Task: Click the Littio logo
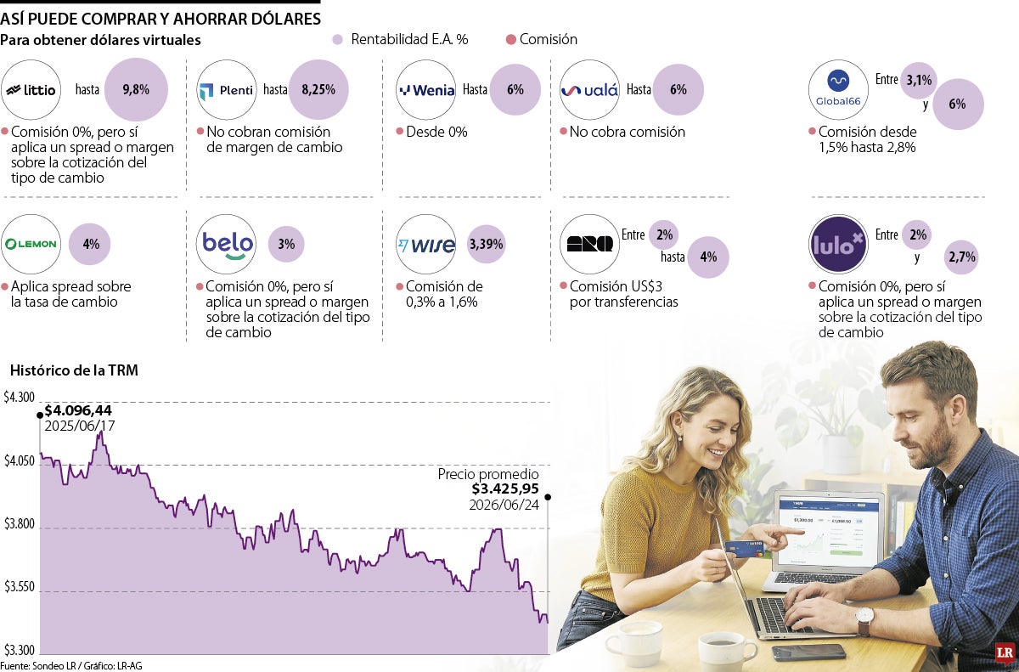click(31, 90)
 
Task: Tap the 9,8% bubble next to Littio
click(136, 89)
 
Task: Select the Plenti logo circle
click(227, 90)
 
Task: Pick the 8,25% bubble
click(318, 89)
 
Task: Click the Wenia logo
click(425, 90)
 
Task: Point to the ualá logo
click(589, 90)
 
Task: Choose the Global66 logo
click(838, 90)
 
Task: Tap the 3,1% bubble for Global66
click(919, 81)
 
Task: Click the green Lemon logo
click(31, 245)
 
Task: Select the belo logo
click(227, 245)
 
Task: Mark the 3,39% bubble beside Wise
click(487, 245)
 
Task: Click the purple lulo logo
click(838, 245)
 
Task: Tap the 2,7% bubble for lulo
click(961, 257)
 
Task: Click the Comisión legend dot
click(511, 40)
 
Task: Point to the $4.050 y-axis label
click(19, 461)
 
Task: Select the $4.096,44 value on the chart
click(78, 410)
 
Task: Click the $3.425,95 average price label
click(505, 488)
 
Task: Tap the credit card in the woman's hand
click(744, 549)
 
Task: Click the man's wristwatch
click(864, 620)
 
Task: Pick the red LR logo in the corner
click(1005, 654)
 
